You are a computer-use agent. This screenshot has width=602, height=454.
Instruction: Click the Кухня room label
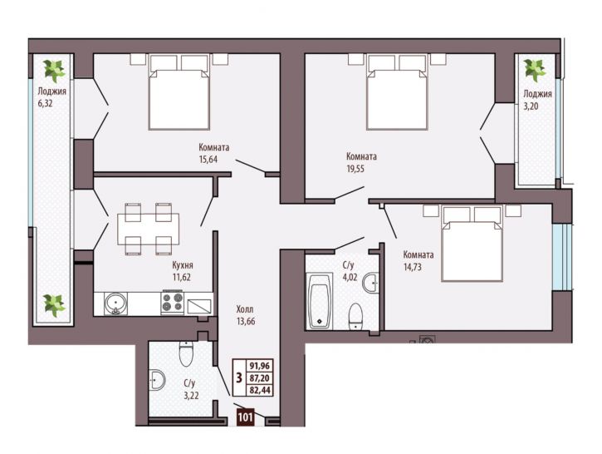pos(183,265)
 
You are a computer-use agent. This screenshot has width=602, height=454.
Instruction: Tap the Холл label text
pos(245,309)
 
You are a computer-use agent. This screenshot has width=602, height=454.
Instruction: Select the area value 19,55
pos(355,168)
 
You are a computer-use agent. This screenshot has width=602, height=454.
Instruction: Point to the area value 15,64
pos(208,159)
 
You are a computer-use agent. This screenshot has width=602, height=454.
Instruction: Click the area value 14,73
pos(413,266)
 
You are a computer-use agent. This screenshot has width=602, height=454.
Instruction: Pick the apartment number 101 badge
pos(245,417)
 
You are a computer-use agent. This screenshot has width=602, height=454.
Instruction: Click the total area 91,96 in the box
pos(260,366)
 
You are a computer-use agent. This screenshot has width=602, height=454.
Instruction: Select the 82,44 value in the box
pos(260,391)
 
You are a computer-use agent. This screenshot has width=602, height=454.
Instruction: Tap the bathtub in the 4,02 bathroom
pos(320,301)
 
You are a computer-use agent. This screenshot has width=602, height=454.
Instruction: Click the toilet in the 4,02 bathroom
pos(355,316)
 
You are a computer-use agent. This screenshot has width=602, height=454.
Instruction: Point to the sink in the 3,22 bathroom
pos(157,380)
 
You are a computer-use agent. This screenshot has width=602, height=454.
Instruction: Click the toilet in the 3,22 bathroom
pos(186,353)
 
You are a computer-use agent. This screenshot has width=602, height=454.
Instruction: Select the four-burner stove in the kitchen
pos(173,302)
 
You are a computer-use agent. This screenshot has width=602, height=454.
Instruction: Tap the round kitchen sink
pos(115,303)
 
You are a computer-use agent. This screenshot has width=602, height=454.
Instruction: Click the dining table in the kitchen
pos(148,229)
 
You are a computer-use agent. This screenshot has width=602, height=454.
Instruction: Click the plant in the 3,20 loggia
pos(535,70)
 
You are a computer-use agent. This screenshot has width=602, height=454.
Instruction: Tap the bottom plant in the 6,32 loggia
pos(54,305)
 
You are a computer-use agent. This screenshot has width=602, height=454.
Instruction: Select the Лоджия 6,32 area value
pos(45,103)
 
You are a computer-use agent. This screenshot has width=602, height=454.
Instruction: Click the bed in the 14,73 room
pos(472,244)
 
